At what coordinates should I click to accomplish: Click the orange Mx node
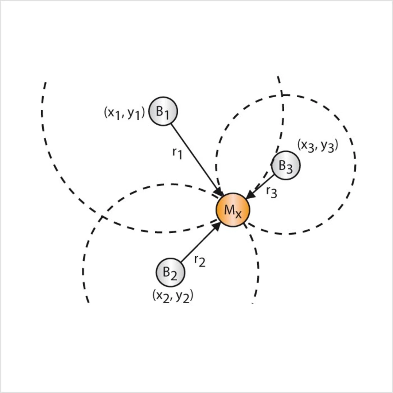233,210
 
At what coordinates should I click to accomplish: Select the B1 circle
163,111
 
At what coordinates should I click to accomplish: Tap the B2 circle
170,272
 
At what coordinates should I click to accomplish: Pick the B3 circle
286,165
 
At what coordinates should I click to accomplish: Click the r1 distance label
177,153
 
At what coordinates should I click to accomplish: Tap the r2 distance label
200,261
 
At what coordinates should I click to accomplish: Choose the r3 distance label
272,193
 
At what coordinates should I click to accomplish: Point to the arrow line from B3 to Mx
263,184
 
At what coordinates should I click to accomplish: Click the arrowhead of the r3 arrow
251,195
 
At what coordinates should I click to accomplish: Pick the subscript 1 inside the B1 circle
166,115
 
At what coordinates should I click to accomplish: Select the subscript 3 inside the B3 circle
289,169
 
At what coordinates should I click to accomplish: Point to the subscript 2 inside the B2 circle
173,276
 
